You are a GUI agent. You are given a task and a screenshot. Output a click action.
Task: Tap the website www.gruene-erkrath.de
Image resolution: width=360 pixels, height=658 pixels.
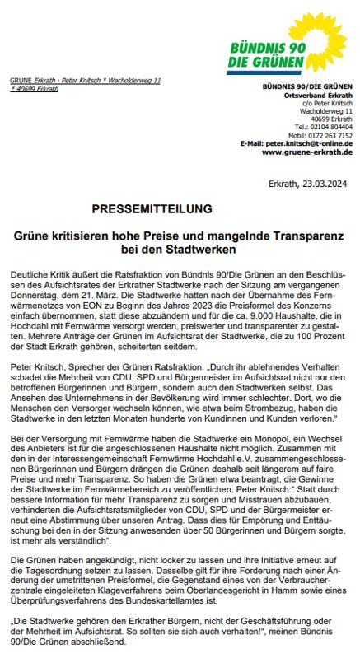coord(306,152)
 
